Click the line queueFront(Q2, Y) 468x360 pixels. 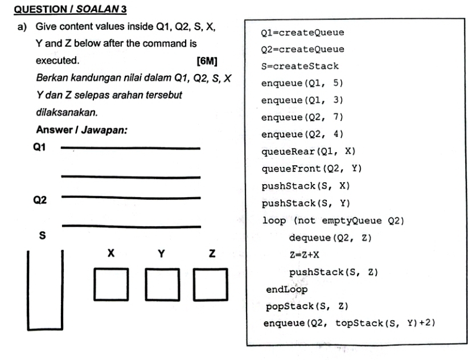point(311,169)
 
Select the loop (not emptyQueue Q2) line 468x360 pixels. point(332,220)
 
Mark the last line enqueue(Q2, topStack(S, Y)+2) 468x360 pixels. point(349,324)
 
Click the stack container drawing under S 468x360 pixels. point(45,291)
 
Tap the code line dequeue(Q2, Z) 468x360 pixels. point(330,238)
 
